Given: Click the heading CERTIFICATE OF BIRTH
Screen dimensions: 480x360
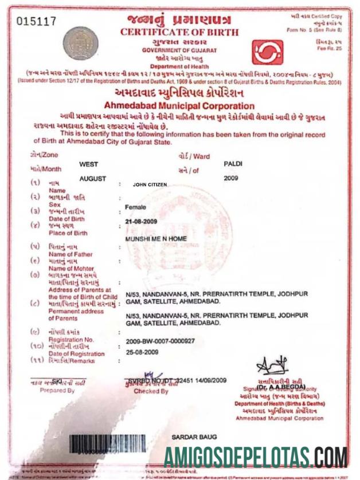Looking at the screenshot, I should (178, 32).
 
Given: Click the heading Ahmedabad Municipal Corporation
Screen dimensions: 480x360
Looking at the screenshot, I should (179, 106).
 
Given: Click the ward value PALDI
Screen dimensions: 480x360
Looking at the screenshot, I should (233, 163).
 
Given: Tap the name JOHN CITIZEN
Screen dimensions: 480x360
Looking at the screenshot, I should (151, 186).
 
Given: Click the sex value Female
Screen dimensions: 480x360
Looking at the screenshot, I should (135, 206).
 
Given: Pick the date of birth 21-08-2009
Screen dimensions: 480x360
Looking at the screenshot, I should (140, 221).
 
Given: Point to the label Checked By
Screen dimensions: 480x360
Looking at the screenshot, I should (151, 391).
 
